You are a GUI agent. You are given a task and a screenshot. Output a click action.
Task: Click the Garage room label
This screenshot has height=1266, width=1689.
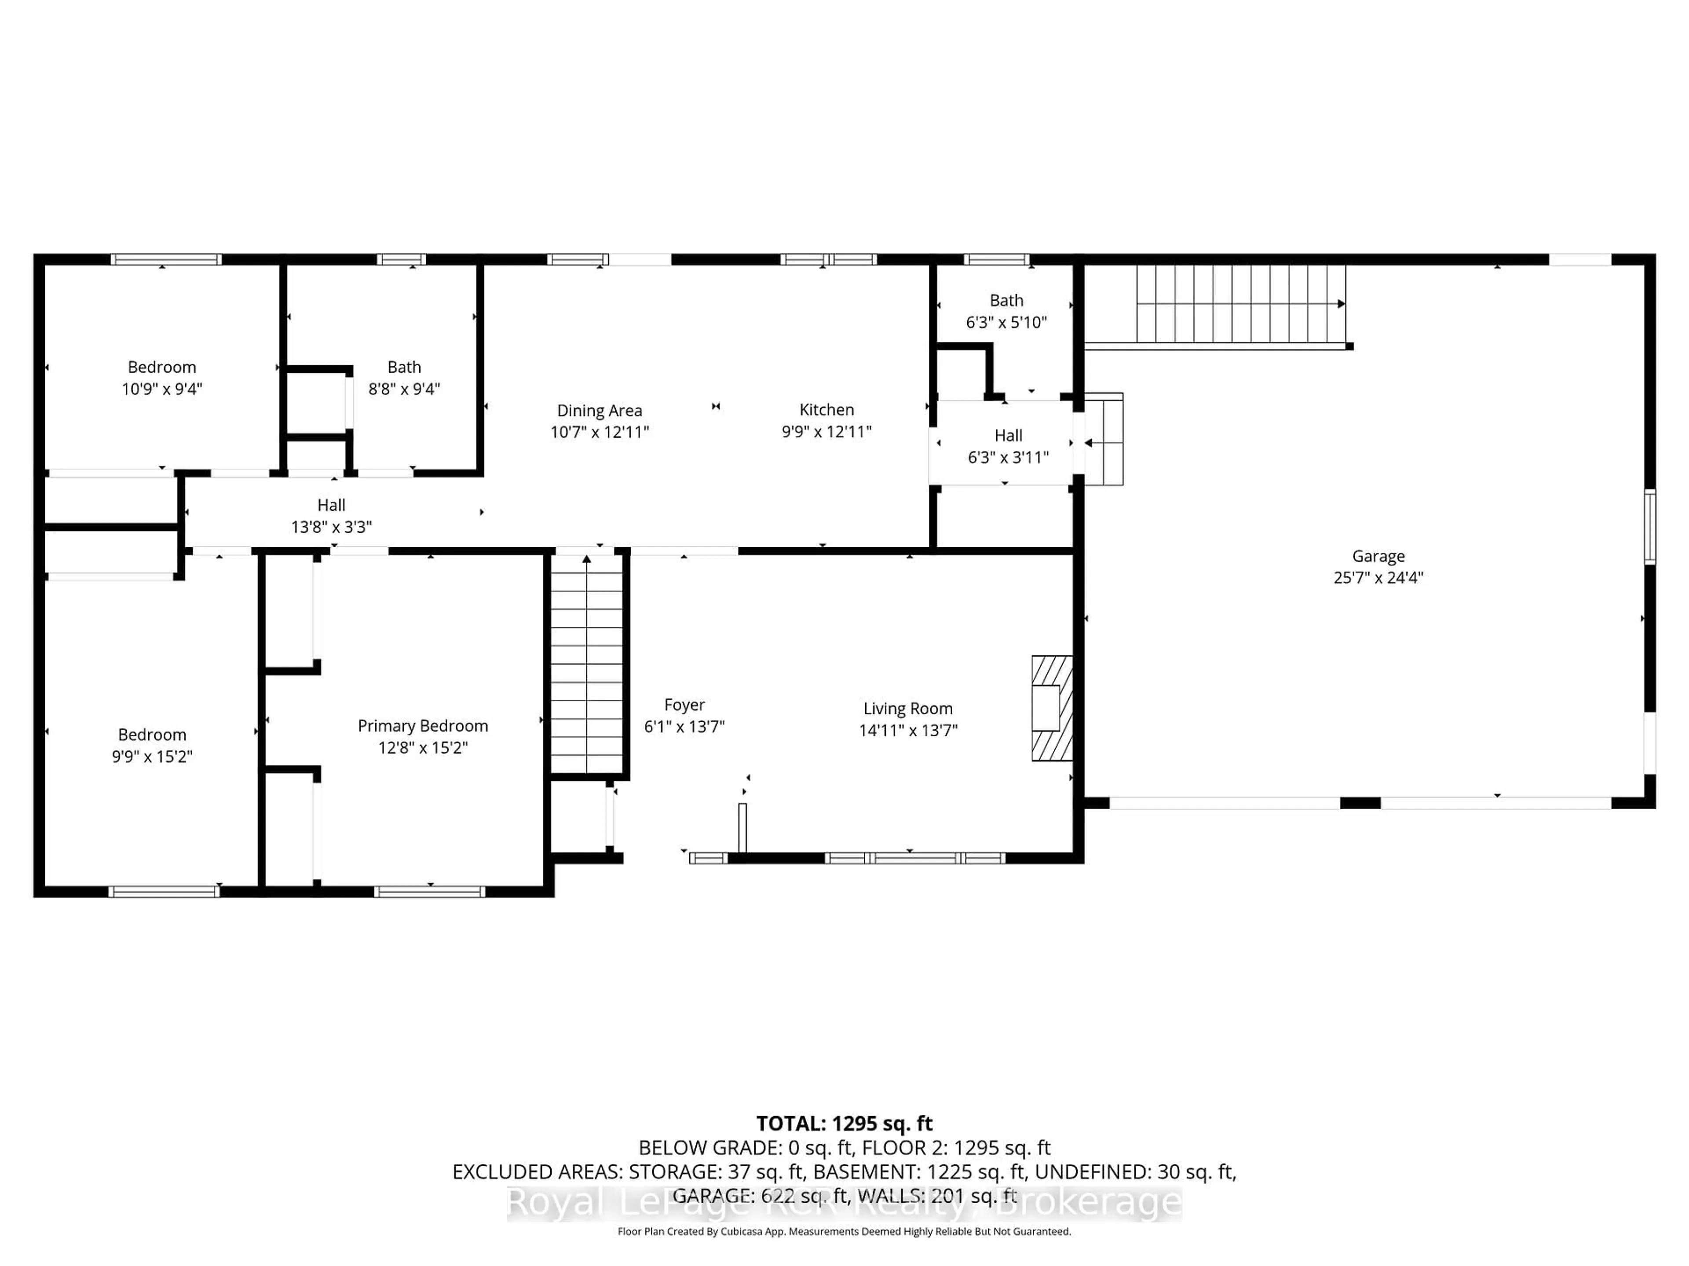click(1378, 557)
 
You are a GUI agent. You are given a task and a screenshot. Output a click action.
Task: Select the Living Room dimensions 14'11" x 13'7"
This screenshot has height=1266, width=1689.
click(908, 730)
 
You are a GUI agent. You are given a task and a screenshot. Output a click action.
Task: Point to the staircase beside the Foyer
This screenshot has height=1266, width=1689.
click(586, 664)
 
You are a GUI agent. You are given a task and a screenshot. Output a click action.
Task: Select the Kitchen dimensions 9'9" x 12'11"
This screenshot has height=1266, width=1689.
click(826, 432)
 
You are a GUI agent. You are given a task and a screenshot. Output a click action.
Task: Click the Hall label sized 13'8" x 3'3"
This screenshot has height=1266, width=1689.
click(331, 505)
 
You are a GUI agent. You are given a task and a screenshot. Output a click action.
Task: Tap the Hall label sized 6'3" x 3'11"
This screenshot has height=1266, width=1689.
click(1008, 436)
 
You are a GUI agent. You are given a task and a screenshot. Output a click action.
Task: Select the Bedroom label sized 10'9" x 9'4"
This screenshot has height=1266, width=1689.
click(162, 367)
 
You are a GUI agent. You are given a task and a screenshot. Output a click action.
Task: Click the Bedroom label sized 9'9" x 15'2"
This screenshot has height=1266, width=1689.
click(151, 735)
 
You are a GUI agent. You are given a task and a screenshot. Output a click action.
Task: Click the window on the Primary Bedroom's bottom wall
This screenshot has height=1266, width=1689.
click(430, 891)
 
